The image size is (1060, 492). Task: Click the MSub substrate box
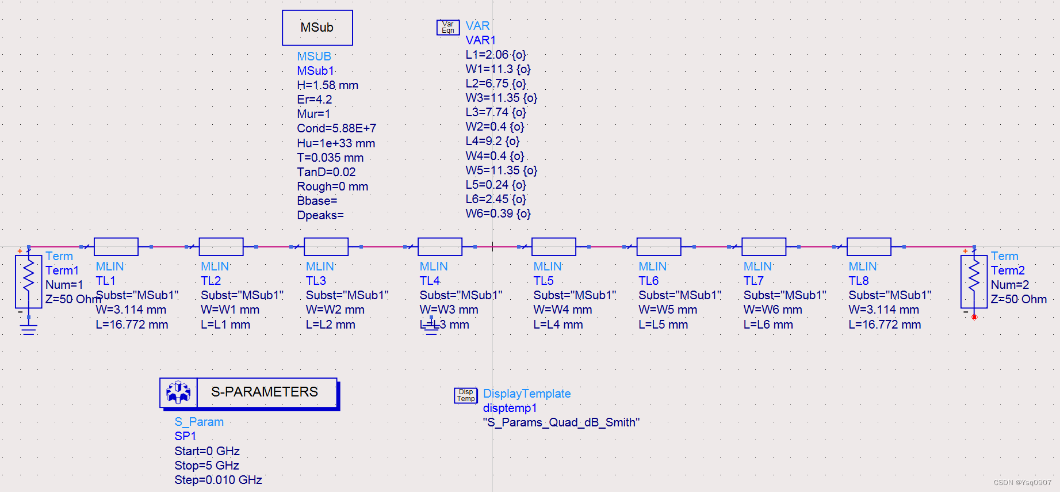pos(317,28)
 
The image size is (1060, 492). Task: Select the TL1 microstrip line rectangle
pos(116,246)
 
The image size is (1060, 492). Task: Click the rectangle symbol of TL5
pos(553,246)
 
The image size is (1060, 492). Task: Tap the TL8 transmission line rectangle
pos(868,246)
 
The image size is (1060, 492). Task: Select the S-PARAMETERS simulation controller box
pos(248,392)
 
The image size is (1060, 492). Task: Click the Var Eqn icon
pos(447,27)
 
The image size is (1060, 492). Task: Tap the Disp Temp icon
pos(466,395)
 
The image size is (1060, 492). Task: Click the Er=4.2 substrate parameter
pos(314,100)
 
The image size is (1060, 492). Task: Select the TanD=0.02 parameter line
pos(326,172)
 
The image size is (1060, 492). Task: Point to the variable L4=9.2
pos(492,141)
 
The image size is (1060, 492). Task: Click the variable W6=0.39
pos(498,213)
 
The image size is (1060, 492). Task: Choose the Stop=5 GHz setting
pos(206,466)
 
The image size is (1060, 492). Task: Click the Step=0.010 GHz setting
pos(218,480)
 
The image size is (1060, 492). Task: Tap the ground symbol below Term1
pos(28,329)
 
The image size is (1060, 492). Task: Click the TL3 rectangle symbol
pos(326,246)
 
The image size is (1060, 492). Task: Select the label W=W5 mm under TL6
pos(667,310)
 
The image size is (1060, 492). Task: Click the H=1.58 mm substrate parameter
pos(327,85)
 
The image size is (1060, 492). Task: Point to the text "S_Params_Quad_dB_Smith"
pos(561,422)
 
